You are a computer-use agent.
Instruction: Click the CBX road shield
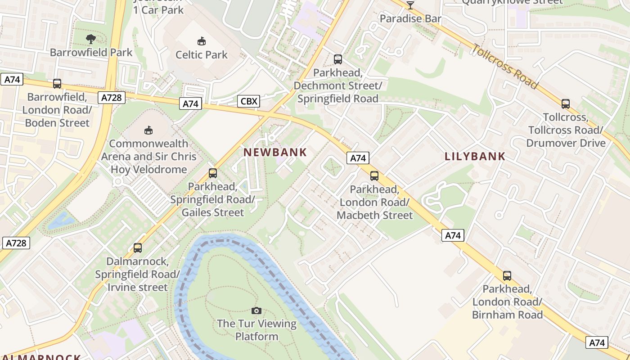248,101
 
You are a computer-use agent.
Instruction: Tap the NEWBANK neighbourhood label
275,153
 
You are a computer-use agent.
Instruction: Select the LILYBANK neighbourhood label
475,157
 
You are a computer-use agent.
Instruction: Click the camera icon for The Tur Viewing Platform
256,310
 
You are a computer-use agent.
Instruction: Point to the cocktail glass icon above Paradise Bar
410,5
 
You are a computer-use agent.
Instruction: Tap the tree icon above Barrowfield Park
91,39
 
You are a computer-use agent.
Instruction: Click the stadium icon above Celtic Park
202,41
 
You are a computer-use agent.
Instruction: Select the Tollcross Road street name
505,66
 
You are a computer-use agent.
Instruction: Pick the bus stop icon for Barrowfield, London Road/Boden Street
57,84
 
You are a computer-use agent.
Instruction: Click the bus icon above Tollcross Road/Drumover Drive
566,104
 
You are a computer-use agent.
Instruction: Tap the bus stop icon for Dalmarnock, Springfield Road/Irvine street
138,248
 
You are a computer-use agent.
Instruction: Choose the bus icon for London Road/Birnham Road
507,276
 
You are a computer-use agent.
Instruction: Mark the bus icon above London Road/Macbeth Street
374,176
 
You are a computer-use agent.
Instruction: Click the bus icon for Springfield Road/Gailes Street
213,173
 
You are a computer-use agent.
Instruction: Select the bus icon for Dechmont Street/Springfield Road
337,59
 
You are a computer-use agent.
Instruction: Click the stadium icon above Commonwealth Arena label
148,130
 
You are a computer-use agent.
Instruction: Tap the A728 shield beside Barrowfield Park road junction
111,98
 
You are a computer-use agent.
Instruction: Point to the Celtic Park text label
202,55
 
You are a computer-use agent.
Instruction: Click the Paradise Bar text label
410,18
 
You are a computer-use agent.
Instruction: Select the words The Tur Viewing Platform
256,330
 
